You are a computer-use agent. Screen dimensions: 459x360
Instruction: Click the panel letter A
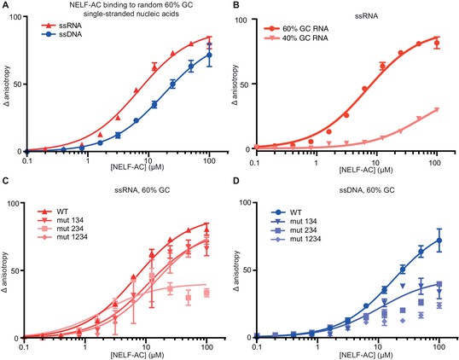(x=5, y=5)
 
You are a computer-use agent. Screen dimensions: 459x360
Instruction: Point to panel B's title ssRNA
(x=367, y=16)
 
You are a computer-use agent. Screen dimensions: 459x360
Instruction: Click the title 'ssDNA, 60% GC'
(x=365, y=190)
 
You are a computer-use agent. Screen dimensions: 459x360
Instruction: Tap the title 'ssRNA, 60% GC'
(x=142, y=190)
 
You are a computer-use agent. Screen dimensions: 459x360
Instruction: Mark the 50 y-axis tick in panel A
(x=18, y=84)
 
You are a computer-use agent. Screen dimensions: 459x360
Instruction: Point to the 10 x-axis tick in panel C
(x=146, y=348)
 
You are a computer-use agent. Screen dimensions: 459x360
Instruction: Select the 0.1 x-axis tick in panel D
(x=257, y=348)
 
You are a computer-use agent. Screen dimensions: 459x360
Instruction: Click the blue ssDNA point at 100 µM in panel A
(x=209, y=55)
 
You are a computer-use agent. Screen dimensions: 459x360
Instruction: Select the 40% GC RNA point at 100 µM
(x=437, y=110)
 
